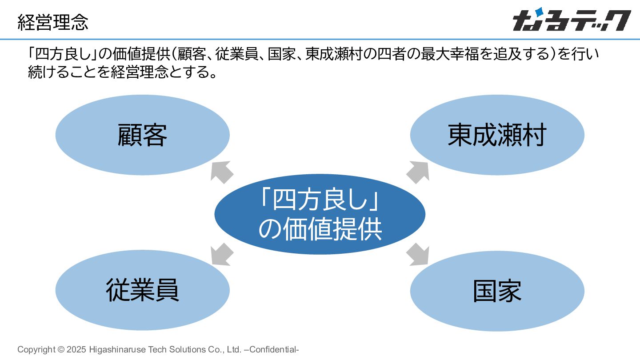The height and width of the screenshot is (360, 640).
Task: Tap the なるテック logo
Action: (572, 20)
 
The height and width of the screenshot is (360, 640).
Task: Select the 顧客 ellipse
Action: (142, 135)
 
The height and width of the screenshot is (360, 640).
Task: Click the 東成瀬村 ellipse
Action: (497, 135)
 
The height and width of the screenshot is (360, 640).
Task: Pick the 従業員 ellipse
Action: (142, 290)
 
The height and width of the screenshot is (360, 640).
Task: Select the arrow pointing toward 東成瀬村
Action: (418, 172)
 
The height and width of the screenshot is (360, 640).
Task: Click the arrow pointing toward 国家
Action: (418, 255)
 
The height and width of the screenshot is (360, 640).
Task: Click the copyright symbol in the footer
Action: (61, 350)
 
